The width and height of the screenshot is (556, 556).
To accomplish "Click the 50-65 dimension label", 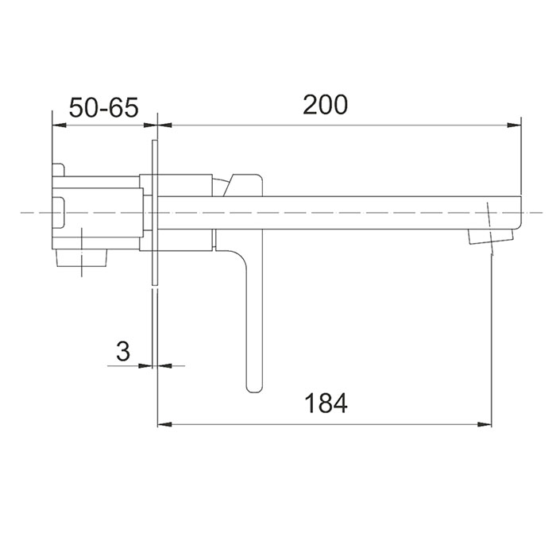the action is (x=103, y=107).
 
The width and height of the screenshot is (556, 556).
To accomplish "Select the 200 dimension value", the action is (x=326, y=104).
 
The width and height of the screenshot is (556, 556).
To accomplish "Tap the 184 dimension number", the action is (x=326, y=403).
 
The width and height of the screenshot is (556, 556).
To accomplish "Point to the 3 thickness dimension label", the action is (x=123, y=351).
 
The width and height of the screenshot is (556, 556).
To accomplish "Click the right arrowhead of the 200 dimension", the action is (x=514, y=125).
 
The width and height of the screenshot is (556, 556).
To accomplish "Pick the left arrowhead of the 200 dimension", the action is (x=165, y=125).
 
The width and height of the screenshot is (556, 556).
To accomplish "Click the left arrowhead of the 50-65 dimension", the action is (x=60, y=125).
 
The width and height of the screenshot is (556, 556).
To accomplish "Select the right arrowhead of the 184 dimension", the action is (x=485, y=424).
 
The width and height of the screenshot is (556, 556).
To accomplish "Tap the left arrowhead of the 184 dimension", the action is (x=165, y=424).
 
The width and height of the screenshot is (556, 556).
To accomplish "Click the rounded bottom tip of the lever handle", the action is (x=254, y=389).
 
